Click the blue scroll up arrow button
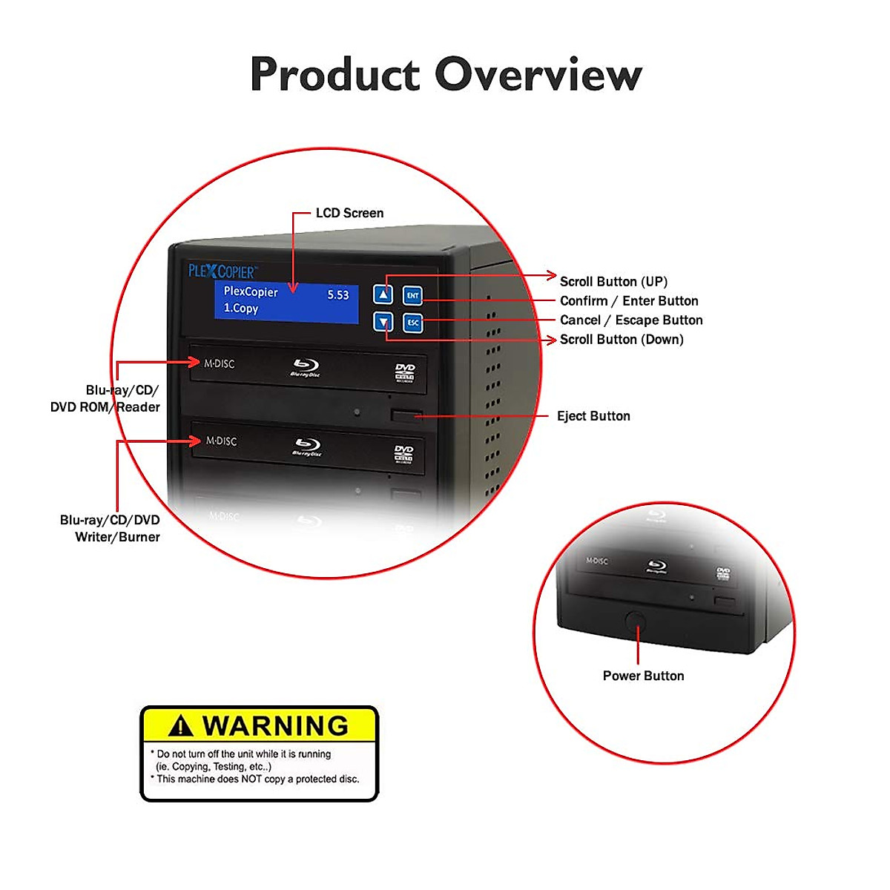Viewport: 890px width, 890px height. (383, 294)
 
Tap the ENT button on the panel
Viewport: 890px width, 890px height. (413, 295)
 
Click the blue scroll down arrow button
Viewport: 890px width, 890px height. (383, 322)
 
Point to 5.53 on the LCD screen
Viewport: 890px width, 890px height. (338, 295)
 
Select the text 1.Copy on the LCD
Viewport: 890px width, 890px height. (241, 309)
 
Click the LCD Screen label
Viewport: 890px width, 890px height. (349, 214)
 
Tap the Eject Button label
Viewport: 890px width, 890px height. (593, 416)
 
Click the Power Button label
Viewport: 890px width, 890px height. (643, 676)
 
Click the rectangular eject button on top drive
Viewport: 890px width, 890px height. (406, 415)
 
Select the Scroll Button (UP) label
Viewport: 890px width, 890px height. (613, 282)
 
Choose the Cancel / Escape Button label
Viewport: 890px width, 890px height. (631, 320)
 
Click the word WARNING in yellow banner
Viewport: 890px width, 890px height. (275, 725)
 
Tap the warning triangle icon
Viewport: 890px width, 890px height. (180, 726)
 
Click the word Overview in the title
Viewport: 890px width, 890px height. (538, 74)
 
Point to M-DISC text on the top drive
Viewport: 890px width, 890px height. (220, 363)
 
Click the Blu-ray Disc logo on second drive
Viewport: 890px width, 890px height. (306, 447)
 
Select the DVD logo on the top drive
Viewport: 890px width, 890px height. (405, 372)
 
